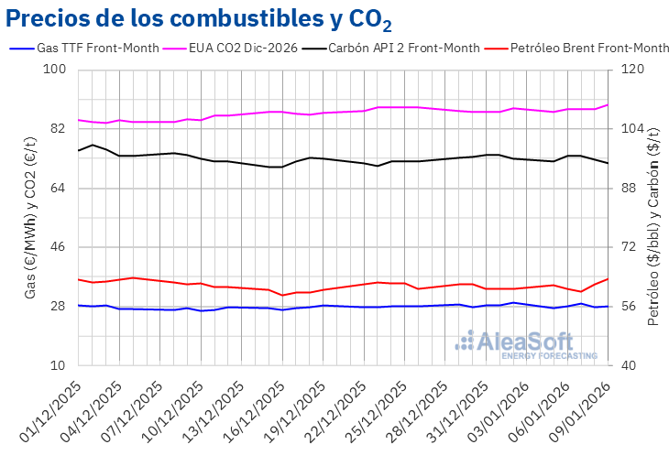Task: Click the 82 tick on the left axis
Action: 59,129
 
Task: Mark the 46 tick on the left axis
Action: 59,247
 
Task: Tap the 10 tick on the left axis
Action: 59,365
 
